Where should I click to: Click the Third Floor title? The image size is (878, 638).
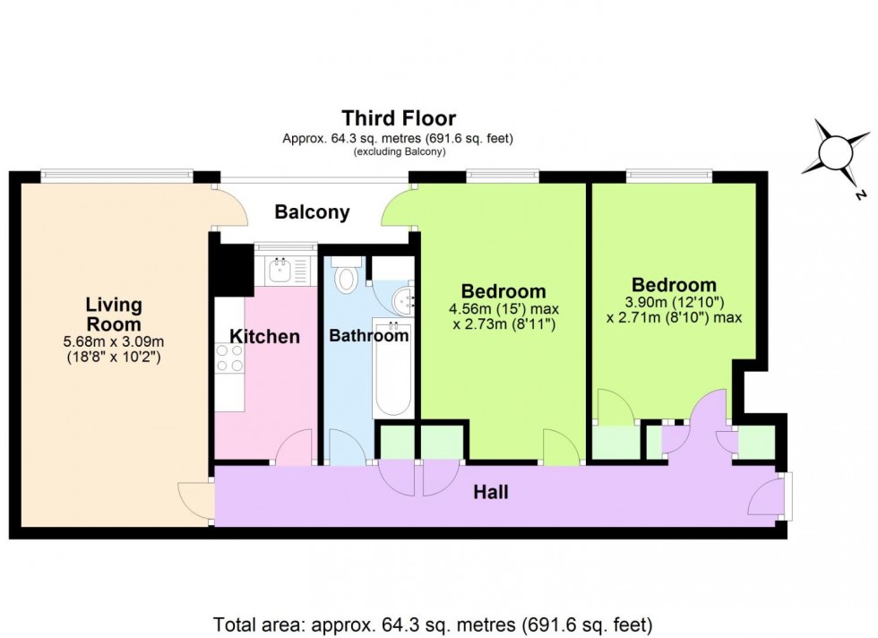pos(399,117)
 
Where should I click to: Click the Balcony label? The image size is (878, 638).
pos(312,212)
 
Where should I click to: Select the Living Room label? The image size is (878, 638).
pos(113,315)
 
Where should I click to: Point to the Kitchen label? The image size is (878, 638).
pos(264,337)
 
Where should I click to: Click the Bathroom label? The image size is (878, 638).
pos(368,337)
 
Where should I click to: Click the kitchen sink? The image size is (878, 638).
pos(283,267)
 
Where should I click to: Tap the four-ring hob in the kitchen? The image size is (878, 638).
pos(228,358)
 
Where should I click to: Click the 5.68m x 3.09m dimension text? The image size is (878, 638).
pos(113,341)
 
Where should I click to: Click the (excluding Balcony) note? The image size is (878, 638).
pos(399,151)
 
